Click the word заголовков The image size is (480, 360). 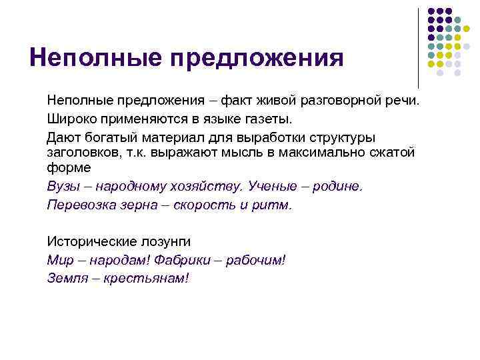pos(81,153)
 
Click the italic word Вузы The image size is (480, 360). pos(62,187)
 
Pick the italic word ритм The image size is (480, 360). pos(271,204)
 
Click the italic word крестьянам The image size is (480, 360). pos(146,277)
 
